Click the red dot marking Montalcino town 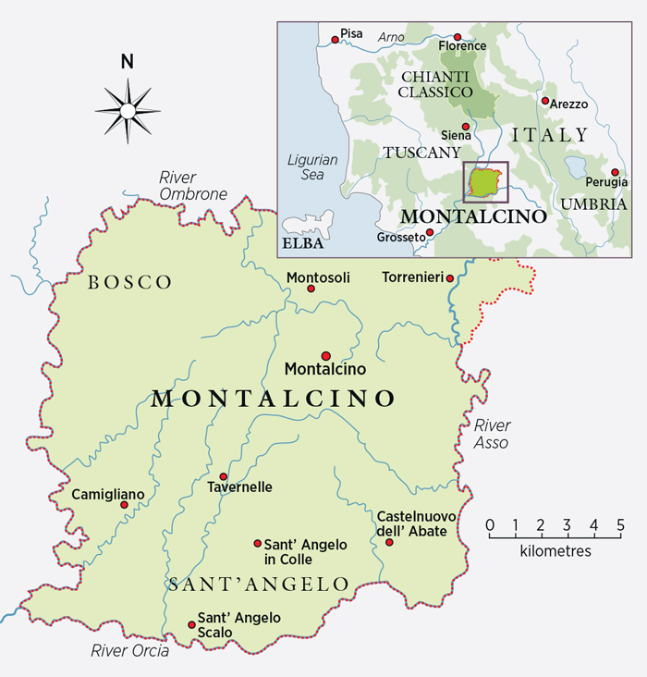(325, 356)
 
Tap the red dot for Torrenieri (449, 278)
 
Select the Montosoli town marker (311, 289)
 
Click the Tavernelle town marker (223, 475)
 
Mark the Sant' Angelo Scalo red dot (191, 624)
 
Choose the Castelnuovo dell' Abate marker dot (389, 542)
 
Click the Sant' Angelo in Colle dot (258, 544)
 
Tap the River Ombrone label (192, 186)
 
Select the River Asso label (492, 434)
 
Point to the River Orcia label (130, 650)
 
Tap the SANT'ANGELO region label (259, 585)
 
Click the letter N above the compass (128, 63)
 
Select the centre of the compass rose (128, 111)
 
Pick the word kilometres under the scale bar (555, 551)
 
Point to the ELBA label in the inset (299, 245)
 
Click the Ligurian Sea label (311, 166)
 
